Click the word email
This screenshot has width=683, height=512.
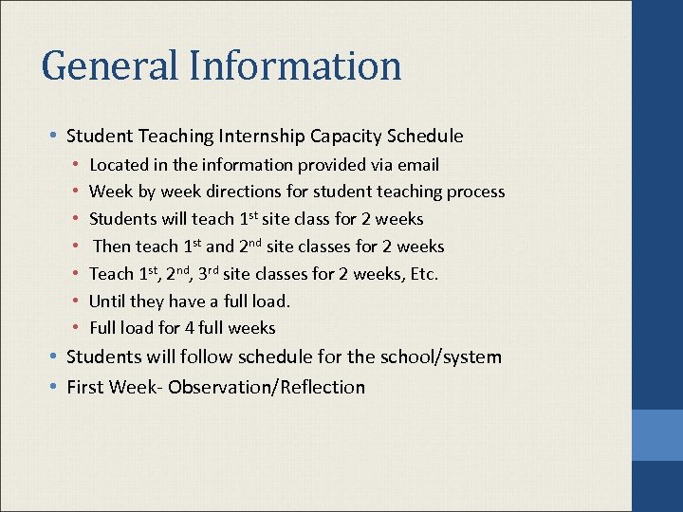[x=418, y=165]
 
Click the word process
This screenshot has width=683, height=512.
[x=473, y=192]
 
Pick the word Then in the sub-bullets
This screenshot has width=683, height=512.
[x=112, y=247]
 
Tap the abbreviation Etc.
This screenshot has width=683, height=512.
[x=423, y=274]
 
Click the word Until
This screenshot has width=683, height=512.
[x=107, y=301]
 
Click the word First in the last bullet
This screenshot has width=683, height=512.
[x=85, y=387]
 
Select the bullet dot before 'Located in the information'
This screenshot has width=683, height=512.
[x=76, y=165]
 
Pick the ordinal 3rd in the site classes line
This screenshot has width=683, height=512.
[x=209, y=273]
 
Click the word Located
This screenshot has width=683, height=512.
[x=119, y=165]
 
